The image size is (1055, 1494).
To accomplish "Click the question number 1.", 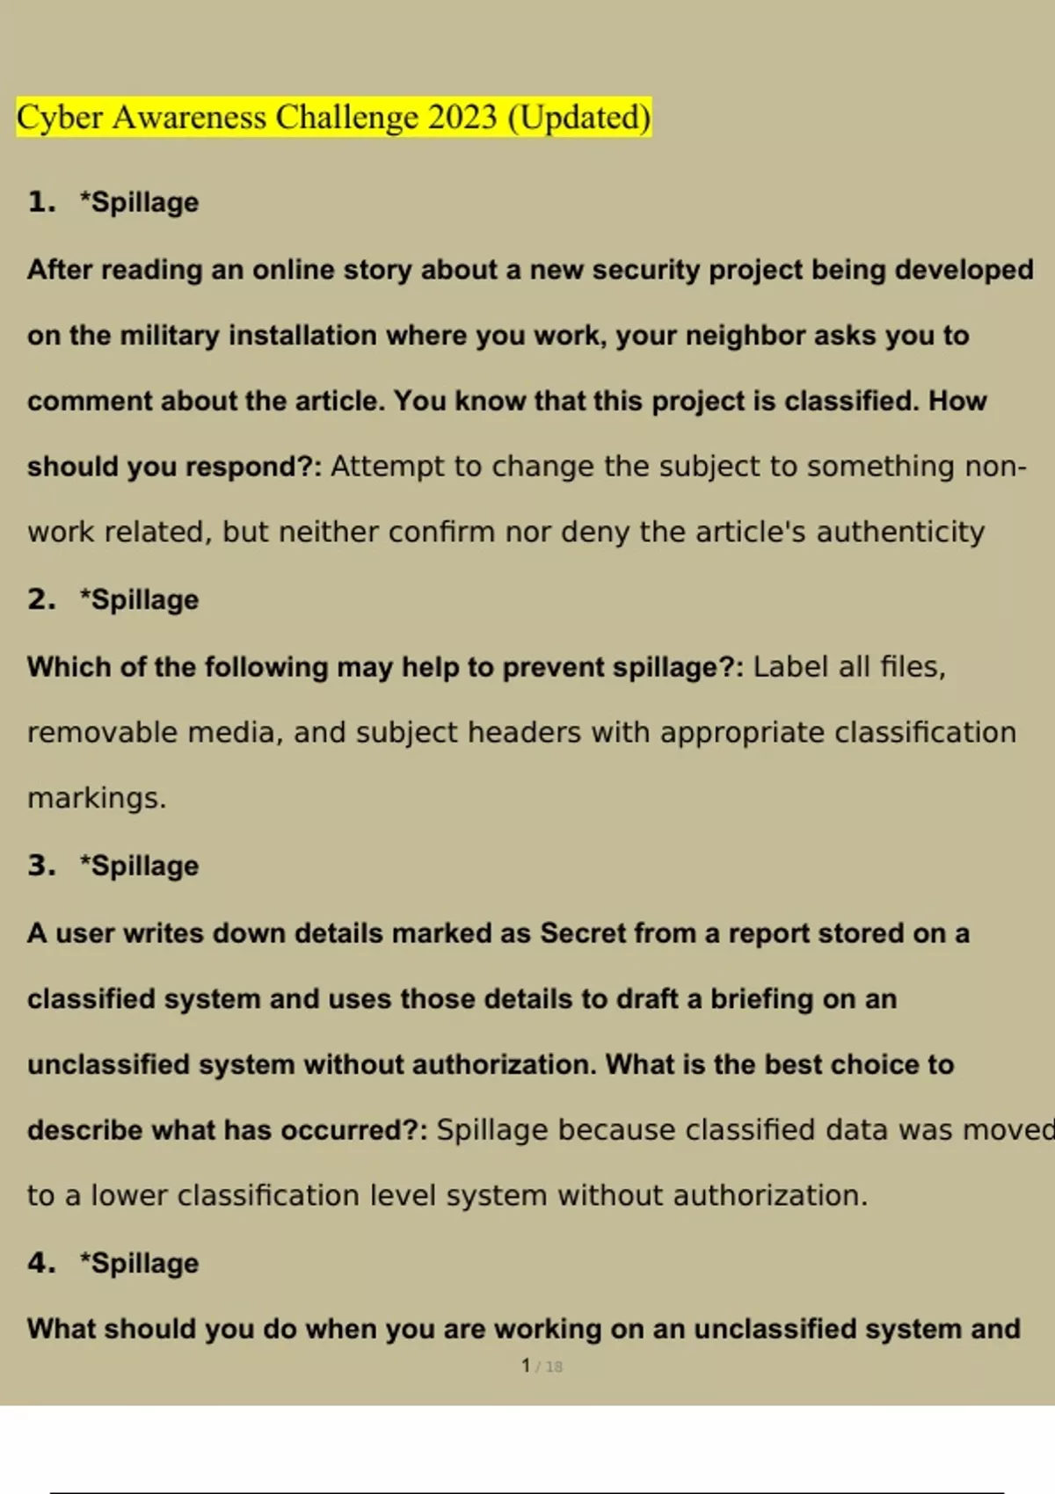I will (40, 202).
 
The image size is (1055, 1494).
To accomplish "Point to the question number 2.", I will (40, 599).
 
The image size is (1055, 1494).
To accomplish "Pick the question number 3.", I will (40, 866).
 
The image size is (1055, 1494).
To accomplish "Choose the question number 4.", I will (40, 1263).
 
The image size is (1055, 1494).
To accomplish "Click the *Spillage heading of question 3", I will (139, 866).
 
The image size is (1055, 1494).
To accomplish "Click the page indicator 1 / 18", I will (542, 1366).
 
